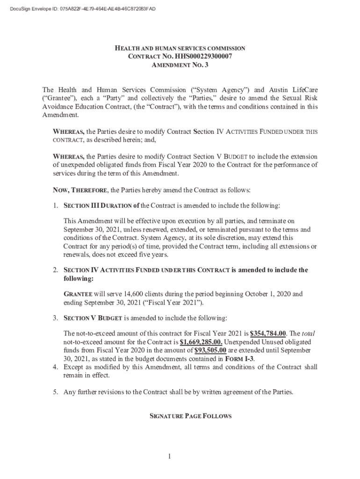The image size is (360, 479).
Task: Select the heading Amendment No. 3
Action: (180, 65)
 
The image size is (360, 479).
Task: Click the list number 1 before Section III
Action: (55, 205)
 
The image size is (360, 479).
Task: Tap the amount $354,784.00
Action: (268, 334)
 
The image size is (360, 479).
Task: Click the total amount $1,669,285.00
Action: (202, 342)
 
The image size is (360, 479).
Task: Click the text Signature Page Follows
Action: (180, 416)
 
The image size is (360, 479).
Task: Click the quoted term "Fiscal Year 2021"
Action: (174, 302)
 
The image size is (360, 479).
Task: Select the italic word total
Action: (308, 334)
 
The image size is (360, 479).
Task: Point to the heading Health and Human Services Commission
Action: (180, 48)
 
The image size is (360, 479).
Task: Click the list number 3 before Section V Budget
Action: (55, 318)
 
